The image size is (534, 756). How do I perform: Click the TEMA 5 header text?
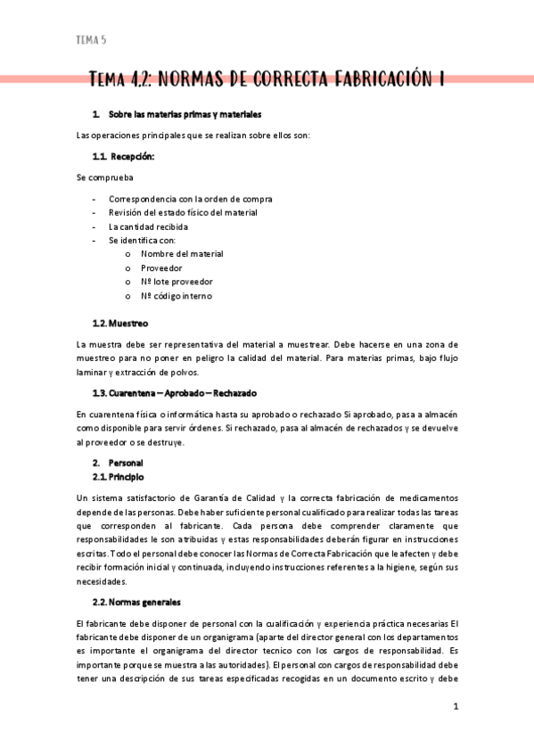[91, 40]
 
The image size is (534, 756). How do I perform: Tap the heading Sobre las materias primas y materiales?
[185, 115]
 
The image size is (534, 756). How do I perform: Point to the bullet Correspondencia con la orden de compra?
[190, 199]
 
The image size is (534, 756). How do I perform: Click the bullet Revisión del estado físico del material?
[183, 212]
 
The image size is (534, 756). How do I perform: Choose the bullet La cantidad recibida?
[148, 226]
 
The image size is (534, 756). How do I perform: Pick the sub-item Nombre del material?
[181, 254]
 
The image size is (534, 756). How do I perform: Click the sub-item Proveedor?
[161, 267]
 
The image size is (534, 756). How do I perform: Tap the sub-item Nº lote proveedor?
[177, 282]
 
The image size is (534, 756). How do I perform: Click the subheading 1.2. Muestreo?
[120, 323]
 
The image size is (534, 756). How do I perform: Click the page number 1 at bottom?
[456, 706]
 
